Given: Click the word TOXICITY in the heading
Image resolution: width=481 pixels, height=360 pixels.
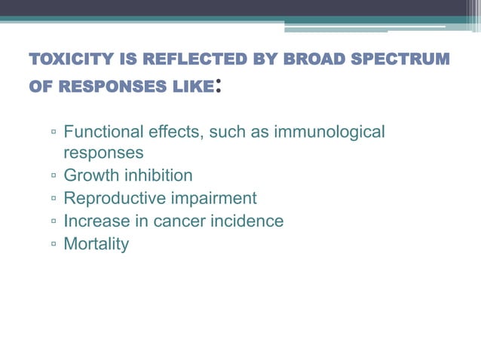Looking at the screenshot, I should (x=66, y=59).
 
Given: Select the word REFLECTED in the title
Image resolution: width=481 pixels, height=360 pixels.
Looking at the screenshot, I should (x=177, y=59).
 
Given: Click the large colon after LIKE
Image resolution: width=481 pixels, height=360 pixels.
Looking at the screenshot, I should (x=219, y=86).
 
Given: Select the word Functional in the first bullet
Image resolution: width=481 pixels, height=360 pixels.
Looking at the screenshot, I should (x=101, y=133).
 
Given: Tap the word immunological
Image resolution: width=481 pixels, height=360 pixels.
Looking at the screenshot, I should (x=330, y=133).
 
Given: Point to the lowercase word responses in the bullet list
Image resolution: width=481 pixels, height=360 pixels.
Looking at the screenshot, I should (x=103, y=154).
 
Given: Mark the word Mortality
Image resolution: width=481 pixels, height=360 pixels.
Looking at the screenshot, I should (x=97, y=244).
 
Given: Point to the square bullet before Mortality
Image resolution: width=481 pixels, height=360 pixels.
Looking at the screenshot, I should (x=54, y=246).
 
